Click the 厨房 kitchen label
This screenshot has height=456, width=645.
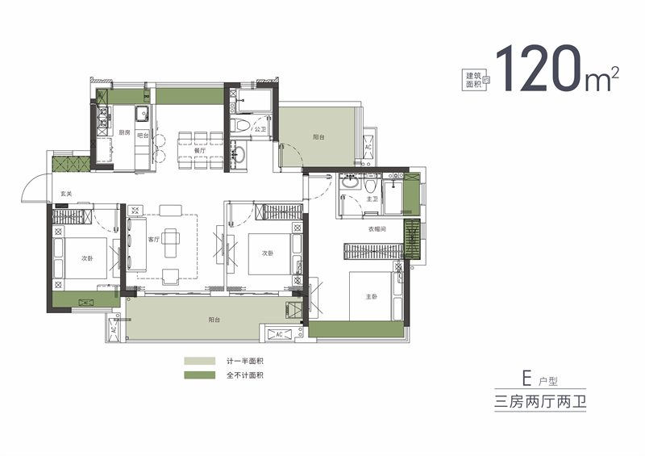point(125,132)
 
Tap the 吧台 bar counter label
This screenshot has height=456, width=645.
point(142,135)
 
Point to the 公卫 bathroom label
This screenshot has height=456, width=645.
point(260,129)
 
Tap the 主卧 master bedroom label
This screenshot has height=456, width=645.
point(371,296)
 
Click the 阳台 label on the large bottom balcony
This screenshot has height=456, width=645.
point(214,320)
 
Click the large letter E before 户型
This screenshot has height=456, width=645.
point(526,378)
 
